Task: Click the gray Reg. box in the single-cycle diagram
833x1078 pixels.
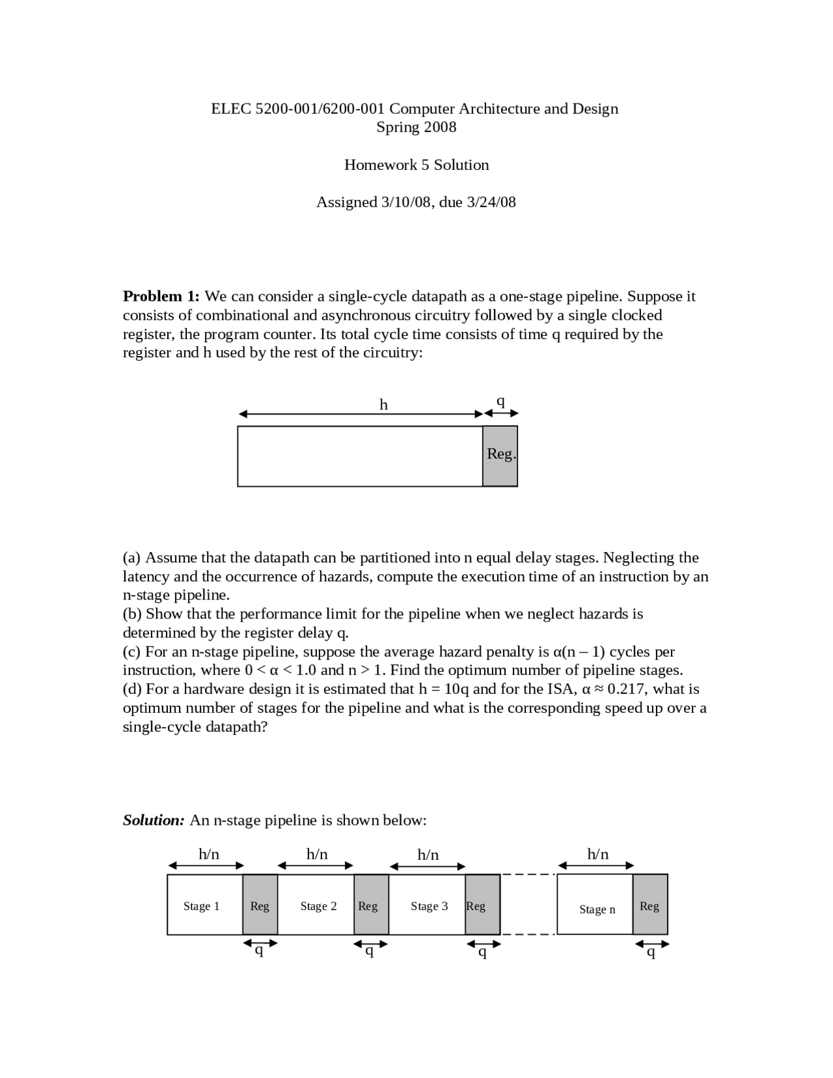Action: (500, 456)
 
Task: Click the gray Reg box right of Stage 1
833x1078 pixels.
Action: (260, 905)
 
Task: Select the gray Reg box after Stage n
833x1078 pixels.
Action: (649, 905)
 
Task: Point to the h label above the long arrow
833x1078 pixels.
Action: (383, 405)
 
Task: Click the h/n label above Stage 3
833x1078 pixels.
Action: (428, 854)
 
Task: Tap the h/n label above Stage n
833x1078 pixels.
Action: (597, 853)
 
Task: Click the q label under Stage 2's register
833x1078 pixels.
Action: (369, 952)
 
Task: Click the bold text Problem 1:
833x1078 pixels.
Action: (161, 296)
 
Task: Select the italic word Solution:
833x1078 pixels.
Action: (154, 820)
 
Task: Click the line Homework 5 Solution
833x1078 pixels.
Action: (416, 165)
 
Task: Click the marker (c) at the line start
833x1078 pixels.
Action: (132, 652)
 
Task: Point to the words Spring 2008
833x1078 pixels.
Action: (416, 127)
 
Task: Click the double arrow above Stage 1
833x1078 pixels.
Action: (206, 865)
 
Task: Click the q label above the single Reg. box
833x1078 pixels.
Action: (500, 401)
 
